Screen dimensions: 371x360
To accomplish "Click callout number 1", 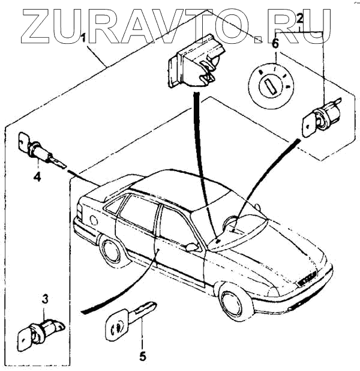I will (x=84, y=37).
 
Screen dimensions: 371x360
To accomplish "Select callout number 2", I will (x=299, y=21).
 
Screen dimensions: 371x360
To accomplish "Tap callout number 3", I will (x=45, y=298).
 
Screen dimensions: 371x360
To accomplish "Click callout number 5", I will (x=142, y=355).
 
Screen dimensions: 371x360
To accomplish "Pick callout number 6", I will (x=275, y=43).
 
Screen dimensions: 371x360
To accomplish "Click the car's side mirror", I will (x=192, y=246).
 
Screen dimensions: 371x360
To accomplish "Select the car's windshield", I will (x=237, y=231).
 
